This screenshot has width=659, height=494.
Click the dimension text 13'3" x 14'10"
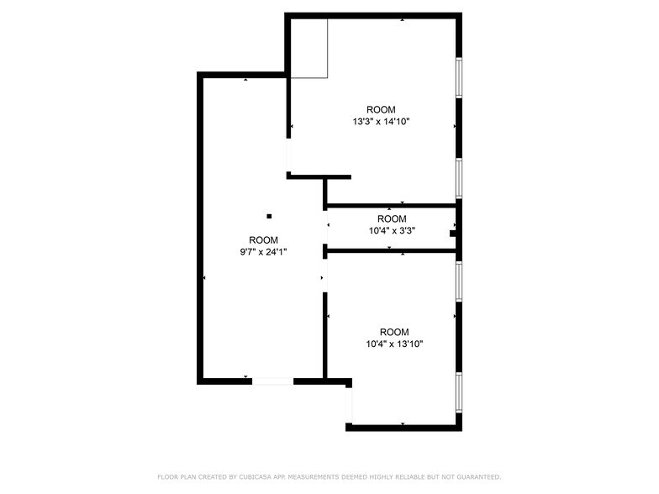(381, 122)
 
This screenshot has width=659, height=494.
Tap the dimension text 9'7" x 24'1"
(263, 252)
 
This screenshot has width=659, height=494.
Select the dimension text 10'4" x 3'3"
(392, 230)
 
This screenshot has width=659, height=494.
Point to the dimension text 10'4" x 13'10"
(394, 344)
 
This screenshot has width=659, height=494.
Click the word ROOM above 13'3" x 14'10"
(381, 109)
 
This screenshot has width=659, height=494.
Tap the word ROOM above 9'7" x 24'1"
(263, 240)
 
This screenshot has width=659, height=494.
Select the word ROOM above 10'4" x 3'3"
(392, 218)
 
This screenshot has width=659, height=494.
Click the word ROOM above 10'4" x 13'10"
(394, 331)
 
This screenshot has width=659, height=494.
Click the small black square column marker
(269, 217)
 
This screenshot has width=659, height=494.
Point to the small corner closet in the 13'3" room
(309, 49)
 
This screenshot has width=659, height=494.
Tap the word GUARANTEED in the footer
(479, 477)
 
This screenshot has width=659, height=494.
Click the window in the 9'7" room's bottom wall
(272, 381)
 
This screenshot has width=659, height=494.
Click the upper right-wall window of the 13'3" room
(459, 77)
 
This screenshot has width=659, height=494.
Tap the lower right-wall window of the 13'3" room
(459, 178)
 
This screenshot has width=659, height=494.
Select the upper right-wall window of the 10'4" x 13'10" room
(459, 281)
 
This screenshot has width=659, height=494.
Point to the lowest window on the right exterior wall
(459, 392)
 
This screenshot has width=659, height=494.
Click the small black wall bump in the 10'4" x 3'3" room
(452, 234)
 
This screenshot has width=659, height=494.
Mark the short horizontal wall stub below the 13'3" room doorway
(319, 176)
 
